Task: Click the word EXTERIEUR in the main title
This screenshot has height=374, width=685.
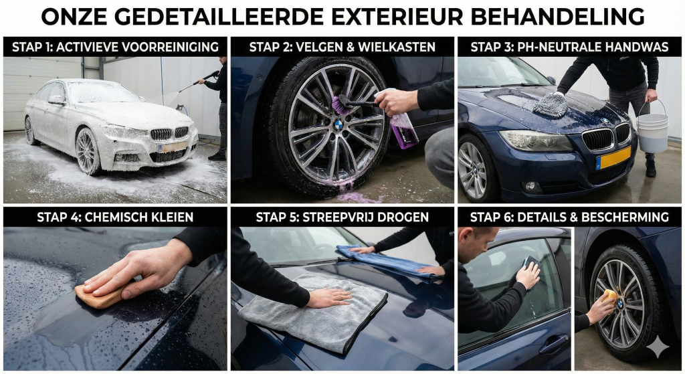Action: [x=397, y=17]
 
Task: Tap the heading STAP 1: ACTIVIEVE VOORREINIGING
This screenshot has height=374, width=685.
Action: [x=115, y=47]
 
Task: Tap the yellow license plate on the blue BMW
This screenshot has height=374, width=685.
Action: [x=613, y=158]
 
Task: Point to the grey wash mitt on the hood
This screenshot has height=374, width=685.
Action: [x=551, y=104]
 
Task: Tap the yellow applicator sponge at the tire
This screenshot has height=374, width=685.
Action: [x=610, y=296]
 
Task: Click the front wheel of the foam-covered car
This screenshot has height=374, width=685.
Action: [x=88, y=151]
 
